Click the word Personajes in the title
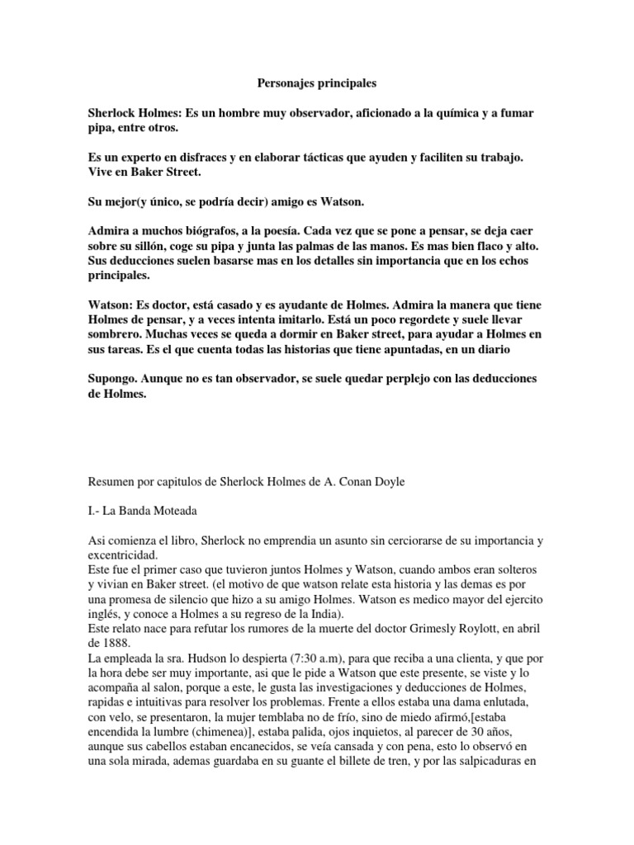click(x=278, y=83)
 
